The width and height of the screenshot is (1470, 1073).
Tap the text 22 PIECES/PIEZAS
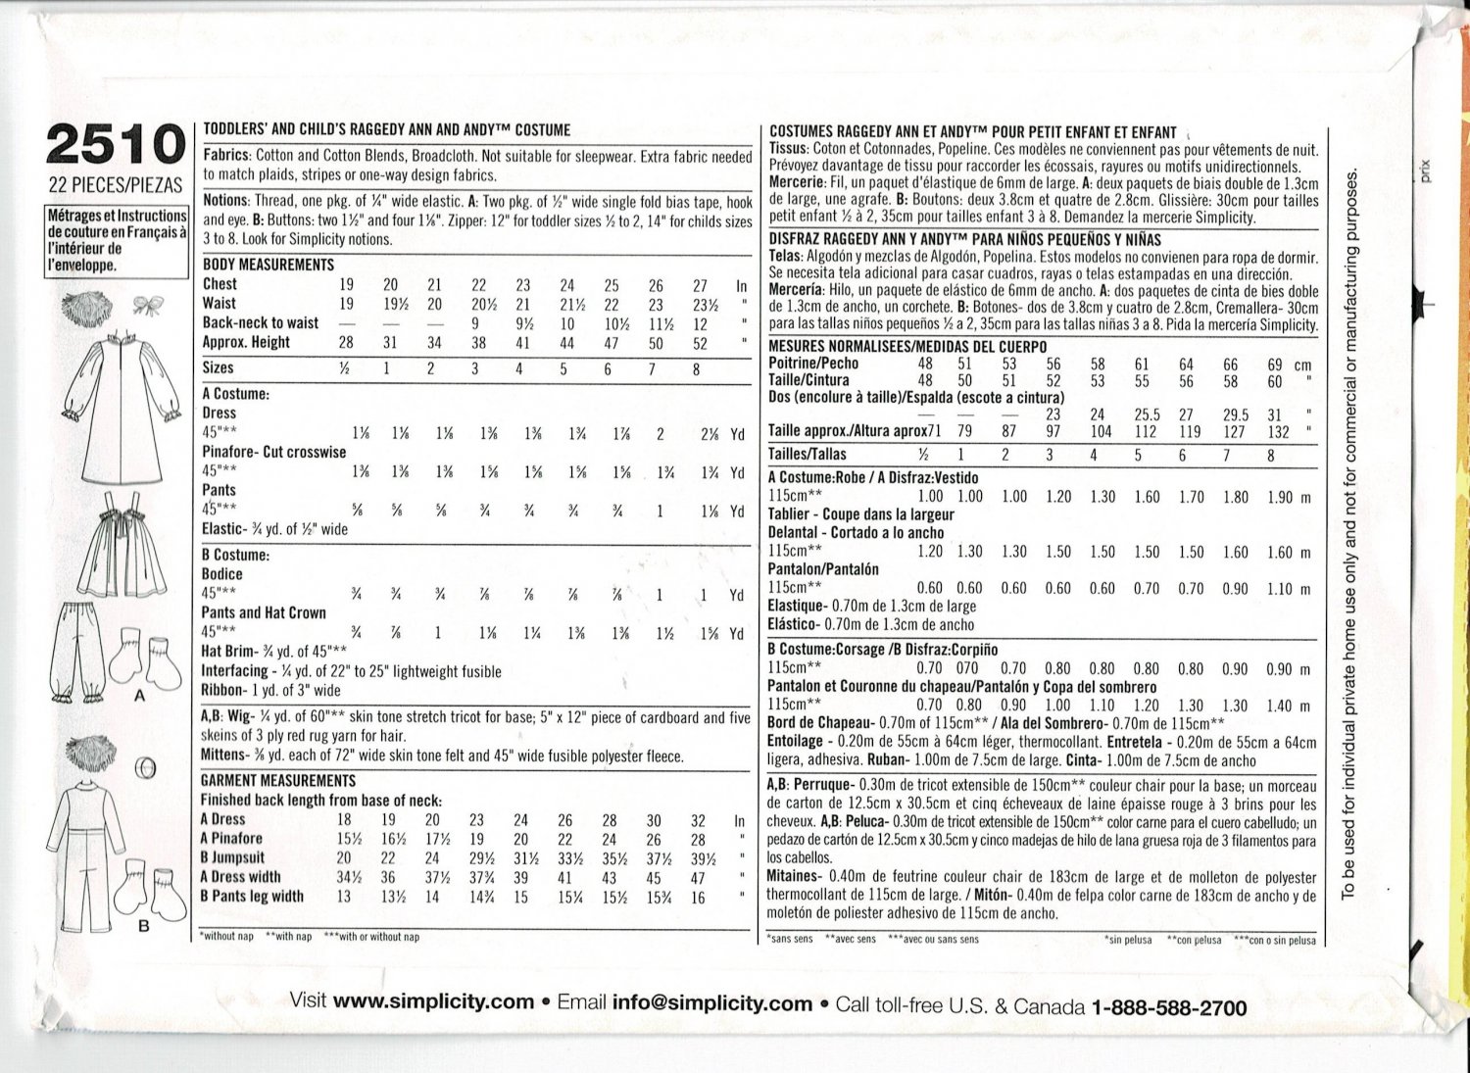(116, 185)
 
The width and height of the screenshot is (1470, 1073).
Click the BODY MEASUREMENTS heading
(269, 265)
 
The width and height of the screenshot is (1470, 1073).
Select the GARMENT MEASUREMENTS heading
(278, 781)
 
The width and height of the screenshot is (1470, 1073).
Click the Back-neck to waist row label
(261, 322)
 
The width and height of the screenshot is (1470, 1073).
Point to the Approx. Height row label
(246, 342)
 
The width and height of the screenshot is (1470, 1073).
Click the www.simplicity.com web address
(433, 1001)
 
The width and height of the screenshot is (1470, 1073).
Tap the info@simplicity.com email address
(712, 1003)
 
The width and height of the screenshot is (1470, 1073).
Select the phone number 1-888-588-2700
(1168, 1007)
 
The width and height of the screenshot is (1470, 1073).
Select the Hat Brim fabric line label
(231, 652)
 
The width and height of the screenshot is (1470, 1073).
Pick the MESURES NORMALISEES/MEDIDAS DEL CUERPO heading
(907, 346)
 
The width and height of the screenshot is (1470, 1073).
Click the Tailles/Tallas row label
(808, 455)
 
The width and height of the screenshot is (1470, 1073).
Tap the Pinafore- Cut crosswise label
(273, 452)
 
